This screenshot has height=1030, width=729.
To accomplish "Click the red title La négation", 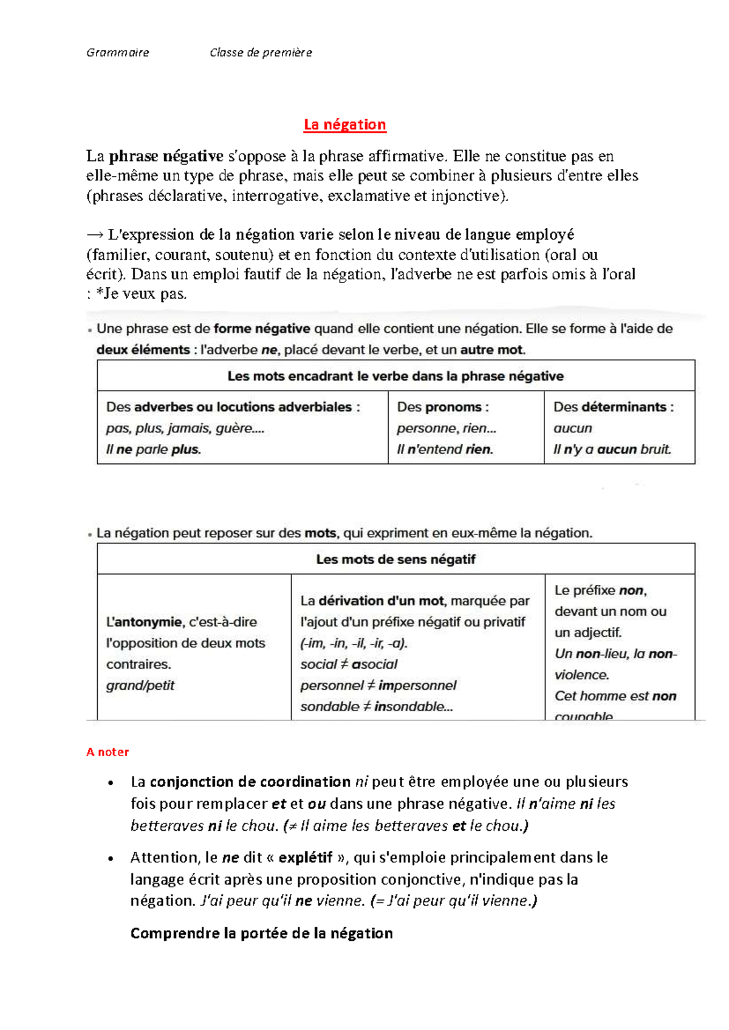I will (x=344, y=124).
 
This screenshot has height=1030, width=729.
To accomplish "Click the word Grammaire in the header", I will (x=117, y=52).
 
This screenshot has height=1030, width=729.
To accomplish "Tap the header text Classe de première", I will (x=261, y=52).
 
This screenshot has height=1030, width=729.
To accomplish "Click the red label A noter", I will (x=108, y=752).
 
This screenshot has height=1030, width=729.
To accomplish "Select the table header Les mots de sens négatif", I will (x=395, y=559).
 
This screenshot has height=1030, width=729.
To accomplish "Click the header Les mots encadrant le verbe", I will (x=395, y=376).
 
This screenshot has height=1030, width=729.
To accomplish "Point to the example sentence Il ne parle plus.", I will (x=153, y=449).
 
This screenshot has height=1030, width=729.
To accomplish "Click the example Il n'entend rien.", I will (x=445, y=449).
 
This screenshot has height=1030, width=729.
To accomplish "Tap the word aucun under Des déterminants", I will (x=572, y=428).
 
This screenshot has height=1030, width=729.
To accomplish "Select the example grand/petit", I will (x=140, y=685).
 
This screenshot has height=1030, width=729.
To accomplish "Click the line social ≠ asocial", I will (x=349, y=664).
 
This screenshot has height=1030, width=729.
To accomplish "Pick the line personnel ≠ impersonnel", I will (x=378, y=685).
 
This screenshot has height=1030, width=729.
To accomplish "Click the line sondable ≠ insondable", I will (x=376, y=706).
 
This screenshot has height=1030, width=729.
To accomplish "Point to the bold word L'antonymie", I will (x=144, y=622).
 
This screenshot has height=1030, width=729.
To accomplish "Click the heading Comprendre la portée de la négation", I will (x=261, y=933).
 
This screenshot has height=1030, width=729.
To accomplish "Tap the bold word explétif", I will (x=305, y=858).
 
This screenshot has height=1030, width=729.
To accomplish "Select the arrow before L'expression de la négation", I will (x=94, y=234).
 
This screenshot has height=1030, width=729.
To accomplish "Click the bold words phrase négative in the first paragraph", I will (x=166, y=156).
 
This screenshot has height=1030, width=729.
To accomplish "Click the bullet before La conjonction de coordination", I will (x=111, y=783).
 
